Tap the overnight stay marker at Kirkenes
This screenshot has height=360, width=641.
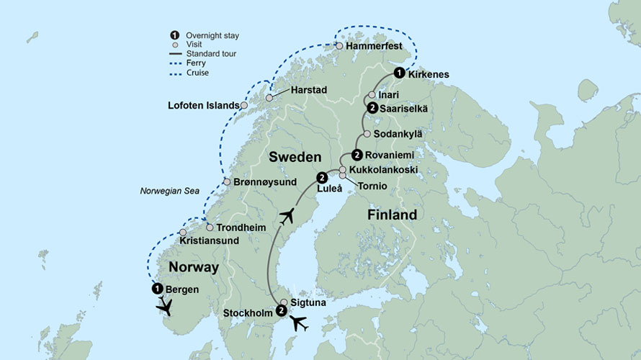(x=398, y=73)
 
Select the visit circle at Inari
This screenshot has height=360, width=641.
(x=372, y=94)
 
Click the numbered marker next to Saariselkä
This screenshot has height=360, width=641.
(x=372, y=108)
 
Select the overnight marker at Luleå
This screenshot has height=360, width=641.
(x=322, y=177)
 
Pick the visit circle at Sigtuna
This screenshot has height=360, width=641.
(x=284, y=302)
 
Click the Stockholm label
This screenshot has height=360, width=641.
(x=248, y=313)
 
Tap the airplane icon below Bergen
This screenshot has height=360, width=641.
(x=166, y=308)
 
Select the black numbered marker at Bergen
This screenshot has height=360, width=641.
(x=156, y=289)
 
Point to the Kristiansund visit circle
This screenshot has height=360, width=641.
(x=183, y=233)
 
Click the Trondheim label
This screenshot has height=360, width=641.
(x=241, y=227)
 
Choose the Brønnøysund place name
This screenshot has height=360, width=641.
(x=265, y=182)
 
